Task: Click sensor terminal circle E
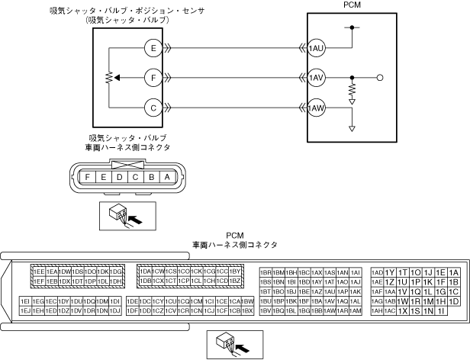click(x=154, y=48)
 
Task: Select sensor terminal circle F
click(x=154, y=78)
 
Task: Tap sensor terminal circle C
click(x=154, y=108)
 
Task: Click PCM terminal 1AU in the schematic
click(x=316, y=48)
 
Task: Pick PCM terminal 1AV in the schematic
click(x=316, y=78)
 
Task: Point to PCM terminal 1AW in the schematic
click(x=316, y=108)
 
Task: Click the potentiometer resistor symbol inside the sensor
click(x=108, y=78)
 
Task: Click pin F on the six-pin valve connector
click(x=89, y=178)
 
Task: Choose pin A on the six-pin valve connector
click(x=167, y=178)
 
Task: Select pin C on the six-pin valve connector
click(x=136, y=178)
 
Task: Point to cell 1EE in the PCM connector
click(x=39, y=272)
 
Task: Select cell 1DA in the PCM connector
click(x=145, y=272)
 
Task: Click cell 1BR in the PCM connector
click(x=266, y=272)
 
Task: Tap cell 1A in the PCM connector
click(x=453, y=272)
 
